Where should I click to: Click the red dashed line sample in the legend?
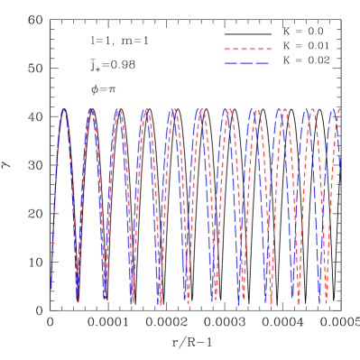pyautogui.click(x=247, y=49)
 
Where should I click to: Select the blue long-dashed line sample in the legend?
pyautogui.click(x=247, y=63)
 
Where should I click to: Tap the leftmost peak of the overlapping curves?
pyautogui.click(x=64, y=109)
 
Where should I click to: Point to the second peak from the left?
pyautogui.click(x=91, y=110)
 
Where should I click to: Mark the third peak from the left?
pyautogui.click(x=118, y=110)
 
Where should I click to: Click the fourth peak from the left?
pyautogui.click(x=145, y=110)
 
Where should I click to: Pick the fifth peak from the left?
pyautogui.click(x=172, y=110)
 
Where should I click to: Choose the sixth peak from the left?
pyautogui.click(x=199, y=110)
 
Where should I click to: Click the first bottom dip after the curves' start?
pyautogui.click(x=78, y=300)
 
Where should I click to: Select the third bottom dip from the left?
pyautogui.click(x=132, y=301)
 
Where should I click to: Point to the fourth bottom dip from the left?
pyautogui.click(x=159, y=302)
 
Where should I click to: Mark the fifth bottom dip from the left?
pyautogui.click(x=186, y=302)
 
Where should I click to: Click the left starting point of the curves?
pyautogui.click(x=51, y=287)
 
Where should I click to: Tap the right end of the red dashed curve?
pyautogui.click(x=340, y=108)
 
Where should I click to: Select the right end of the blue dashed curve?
pyautogui.click(x=340, y=185)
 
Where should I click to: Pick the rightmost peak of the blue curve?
pyautogui.click(x=332, y=110)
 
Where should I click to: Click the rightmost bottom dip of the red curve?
pyautogui.click(x=325, y=300)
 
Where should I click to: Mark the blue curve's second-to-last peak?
pyautogui.click(x=306, y=110)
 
